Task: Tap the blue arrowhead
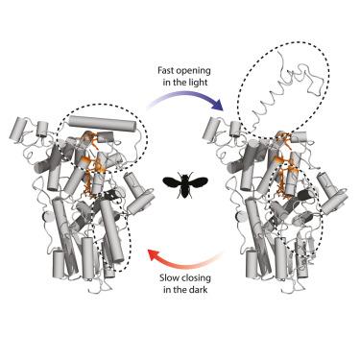(x=217, y=105)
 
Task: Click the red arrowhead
(x=154, y=256)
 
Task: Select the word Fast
(x=165, y=71)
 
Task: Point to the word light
(x=199, y=83)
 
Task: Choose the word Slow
(x=168, y=277)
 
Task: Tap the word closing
(x=195, y=278)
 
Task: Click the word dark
(x=199, y=290)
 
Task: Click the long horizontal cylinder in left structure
(x=105, y=124)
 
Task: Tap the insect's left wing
(x=172, y=182)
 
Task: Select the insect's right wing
(x=199, y=182)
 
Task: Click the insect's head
(x=185, y=175)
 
